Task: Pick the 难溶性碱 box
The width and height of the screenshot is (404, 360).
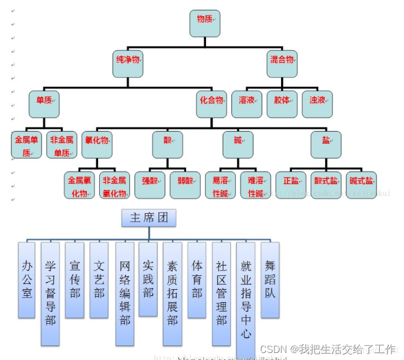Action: (x=255, y=185)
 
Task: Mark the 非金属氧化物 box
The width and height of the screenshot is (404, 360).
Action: (x=114, y=185)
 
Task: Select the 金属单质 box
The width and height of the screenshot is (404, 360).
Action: (x=26, y=145)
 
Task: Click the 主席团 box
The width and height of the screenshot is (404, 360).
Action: (x=149, y=218)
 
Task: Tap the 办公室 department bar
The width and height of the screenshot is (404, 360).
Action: (x=26, y=280)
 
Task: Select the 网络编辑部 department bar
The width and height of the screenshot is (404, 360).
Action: (x=125, y=293)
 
